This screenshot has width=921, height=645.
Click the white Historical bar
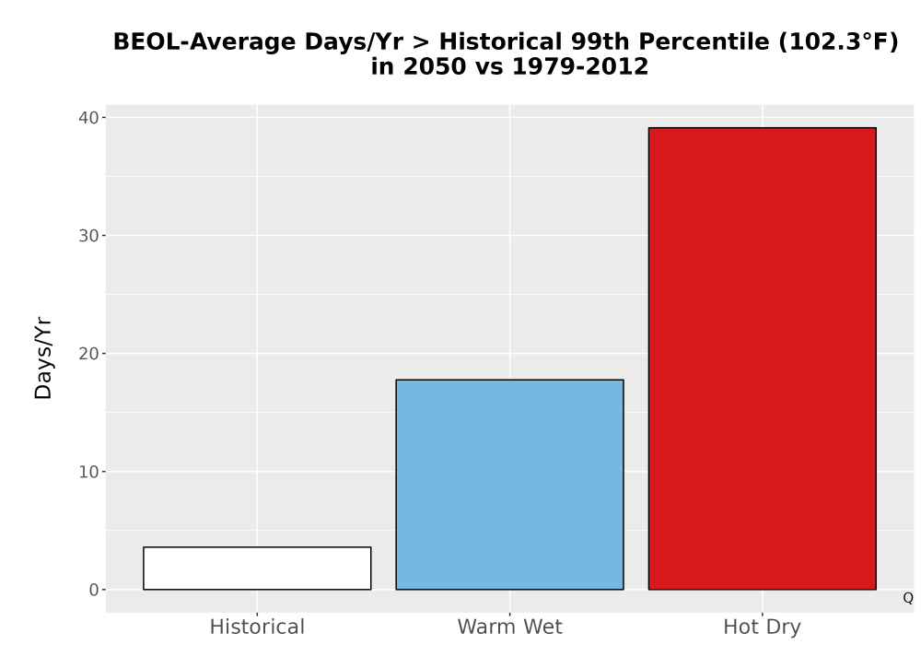point(257,568)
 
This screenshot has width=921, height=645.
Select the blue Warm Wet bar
point(510,485)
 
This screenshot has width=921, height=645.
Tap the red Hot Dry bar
point(763,358)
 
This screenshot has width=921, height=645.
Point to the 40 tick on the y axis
point(88,118)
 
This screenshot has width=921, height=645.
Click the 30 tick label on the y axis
point(88,236)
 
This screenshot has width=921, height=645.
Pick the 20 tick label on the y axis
point(88,354)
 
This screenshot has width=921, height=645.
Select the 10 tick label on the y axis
point(88,472)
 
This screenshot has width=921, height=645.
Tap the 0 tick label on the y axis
point(94,590)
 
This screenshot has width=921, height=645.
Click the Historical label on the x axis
point(257,627)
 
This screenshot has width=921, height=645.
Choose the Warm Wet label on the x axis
point(510,627)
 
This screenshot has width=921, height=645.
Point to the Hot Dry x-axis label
point(763,627)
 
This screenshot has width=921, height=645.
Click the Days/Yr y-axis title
point(43,358)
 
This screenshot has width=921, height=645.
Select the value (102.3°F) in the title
point(839,42)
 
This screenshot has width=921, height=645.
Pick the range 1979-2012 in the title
point(580,66)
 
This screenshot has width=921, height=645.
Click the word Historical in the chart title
point(501,42)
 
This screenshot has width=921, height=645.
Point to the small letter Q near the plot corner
point(908,598)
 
